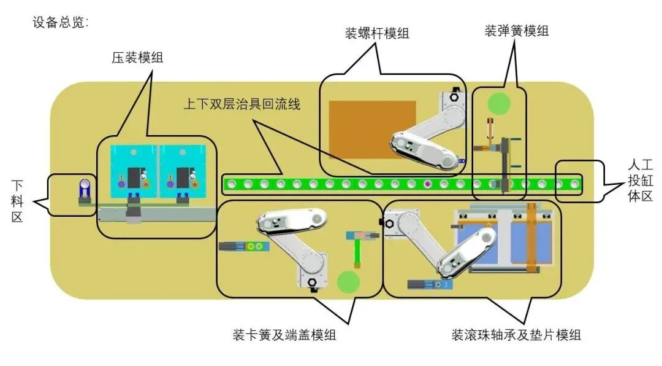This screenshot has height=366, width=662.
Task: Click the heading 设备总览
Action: click(61, 23)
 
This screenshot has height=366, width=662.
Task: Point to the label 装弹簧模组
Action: click(517, 31)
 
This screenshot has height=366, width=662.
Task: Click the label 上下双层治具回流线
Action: click(242, 104)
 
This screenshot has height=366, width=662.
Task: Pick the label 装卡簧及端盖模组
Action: click(284, 335)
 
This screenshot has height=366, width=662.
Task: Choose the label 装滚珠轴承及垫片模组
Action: click(516, 335)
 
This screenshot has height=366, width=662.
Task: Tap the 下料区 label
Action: click(17, 200)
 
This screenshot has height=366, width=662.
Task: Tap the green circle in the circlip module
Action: click(348, 281)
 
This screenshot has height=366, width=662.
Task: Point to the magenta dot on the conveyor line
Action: click(427, 183)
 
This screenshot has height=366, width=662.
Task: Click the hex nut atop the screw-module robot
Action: click(454, 96)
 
